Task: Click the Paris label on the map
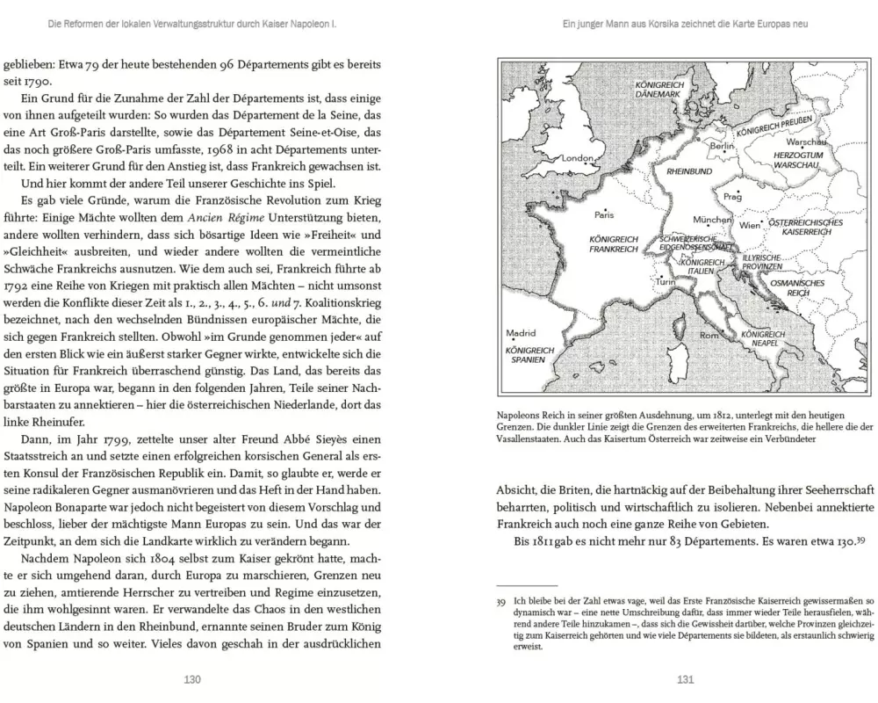603,214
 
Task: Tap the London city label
578,158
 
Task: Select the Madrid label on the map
521,333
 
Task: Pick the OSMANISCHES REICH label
796,289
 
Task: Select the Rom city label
709,336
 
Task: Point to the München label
712,220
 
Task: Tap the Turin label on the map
666,282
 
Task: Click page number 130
192,678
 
